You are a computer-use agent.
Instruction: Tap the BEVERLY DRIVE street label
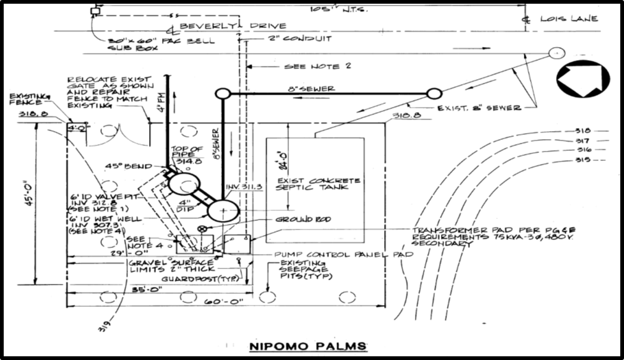pos(233,26)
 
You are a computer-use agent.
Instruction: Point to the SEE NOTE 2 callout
pos(317,66)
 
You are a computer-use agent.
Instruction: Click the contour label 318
pos(583,131)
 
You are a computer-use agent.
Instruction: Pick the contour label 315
pos(583,159)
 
